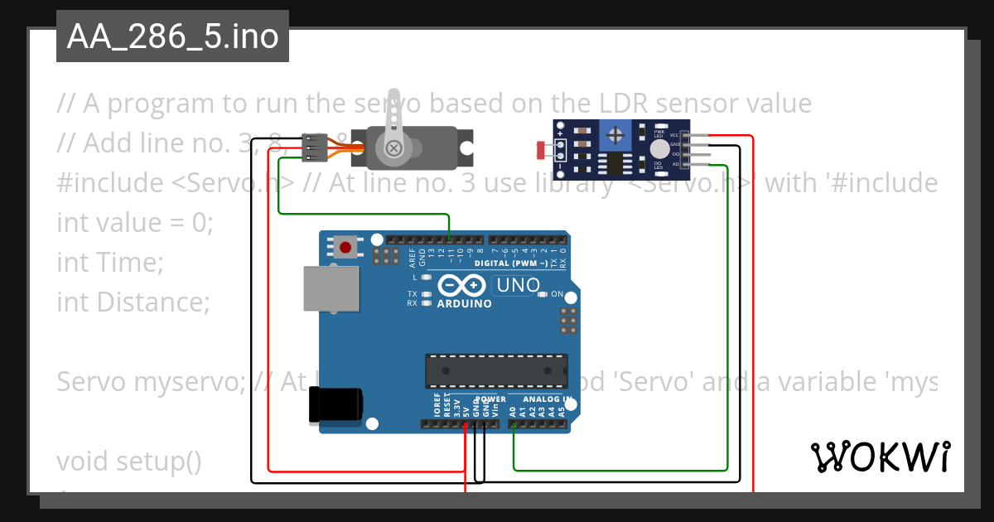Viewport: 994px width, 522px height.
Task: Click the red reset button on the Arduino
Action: coord(345,246)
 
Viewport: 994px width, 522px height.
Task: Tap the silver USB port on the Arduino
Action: coord(331,289)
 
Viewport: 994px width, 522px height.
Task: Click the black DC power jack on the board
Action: coord(335,405)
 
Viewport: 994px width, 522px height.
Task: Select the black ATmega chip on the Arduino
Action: coord(496,370)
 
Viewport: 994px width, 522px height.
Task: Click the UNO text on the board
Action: coord(517,286)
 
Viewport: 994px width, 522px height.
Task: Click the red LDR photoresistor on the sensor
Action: coord(543,150)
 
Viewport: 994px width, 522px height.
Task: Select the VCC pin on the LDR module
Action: coord(674,134)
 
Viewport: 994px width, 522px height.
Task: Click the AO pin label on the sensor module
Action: coord(675,164)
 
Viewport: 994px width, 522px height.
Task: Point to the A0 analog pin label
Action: coord(513,410)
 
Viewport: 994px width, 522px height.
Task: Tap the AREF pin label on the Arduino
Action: coord(413,258)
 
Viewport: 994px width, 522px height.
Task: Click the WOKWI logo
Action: coord(880,457)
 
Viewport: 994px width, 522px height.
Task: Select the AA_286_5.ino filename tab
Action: coord(172,36)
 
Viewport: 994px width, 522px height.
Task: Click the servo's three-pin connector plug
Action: coord(315,147)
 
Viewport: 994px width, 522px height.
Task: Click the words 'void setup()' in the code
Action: coord(129,460)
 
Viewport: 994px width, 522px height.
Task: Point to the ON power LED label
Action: coord(557,294)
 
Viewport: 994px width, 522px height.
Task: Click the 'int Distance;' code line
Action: coord(133,302)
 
